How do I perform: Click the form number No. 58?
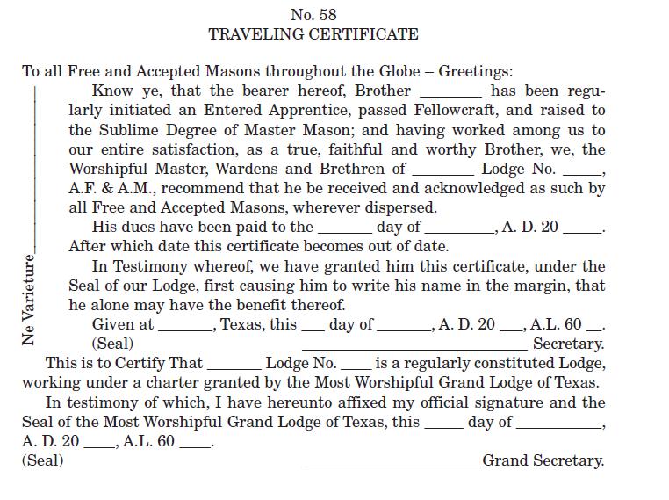[313, 15]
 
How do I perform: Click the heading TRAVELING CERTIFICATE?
[313, 35]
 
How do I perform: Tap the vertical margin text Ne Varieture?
[29, 300]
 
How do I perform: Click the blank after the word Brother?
[450, 91]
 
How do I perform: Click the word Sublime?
[125, 130]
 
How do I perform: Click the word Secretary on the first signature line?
[568, 344]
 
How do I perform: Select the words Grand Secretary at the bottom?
[543, 460]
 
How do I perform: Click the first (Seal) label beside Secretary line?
[113, 344]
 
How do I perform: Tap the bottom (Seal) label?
[42, 460]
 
